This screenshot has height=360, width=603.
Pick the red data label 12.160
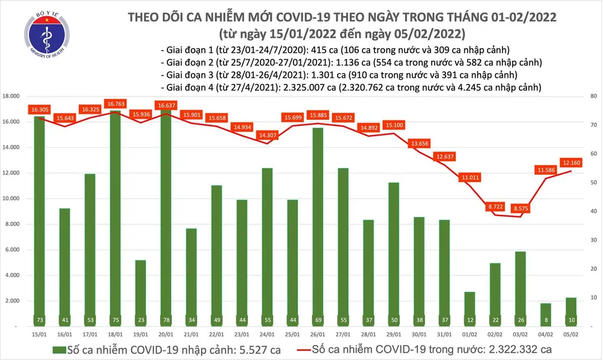point(572,162)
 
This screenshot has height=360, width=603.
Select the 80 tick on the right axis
point(593,96)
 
